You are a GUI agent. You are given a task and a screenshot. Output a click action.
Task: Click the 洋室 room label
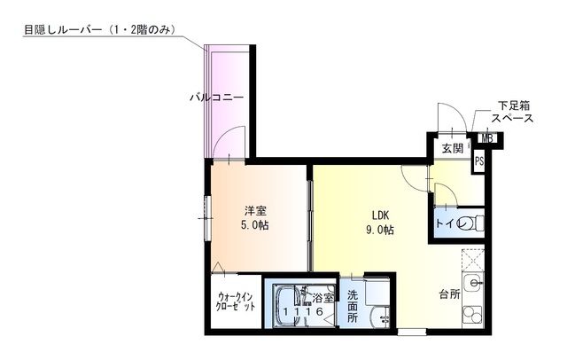(x=255, y=210)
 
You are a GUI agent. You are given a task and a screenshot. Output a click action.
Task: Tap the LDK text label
(x=380, y=215)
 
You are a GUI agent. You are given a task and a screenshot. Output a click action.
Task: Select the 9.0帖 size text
(x=380, y=230)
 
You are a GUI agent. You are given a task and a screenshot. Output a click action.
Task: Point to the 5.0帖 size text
(x=255, y=225)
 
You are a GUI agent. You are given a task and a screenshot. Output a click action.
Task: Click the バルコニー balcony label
(x=217, y=98)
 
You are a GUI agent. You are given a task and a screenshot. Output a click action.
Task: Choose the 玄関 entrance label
(x=453, y=148)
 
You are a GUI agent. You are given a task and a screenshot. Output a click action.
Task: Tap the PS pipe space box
(x=479, y=160)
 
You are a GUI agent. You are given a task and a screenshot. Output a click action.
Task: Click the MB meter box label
(x=487, y=138)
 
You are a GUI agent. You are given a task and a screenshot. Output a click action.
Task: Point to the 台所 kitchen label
(x=449, y=294)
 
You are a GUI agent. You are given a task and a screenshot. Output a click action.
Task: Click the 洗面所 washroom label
(x=353, y=306)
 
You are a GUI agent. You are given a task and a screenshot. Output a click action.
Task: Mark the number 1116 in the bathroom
(x=303, y=311)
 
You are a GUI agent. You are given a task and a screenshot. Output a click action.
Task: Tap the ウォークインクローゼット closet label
(x=236, y=302)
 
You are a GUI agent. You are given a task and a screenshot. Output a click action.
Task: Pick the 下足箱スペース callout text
(x=513, y=112)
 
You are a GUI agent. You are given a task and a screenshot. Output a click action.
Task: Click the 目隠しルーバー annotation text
(x=100, y=29)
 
